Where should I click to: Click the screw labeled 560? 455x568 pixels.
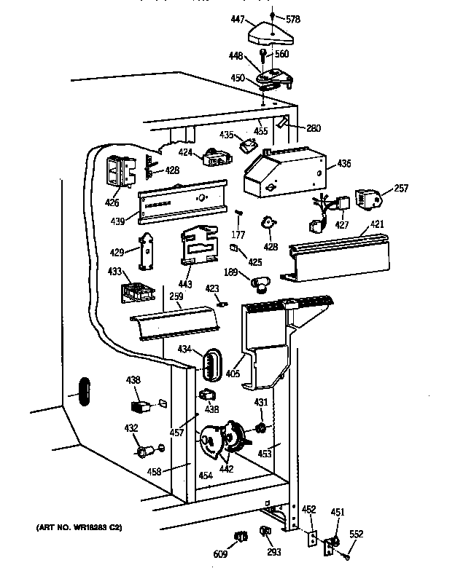(x=264, y=56)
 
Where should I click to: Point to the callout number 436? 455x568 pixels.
(x=343, y=165)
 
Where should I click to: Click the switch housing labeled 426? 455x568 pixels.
(x=119, y=172)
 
